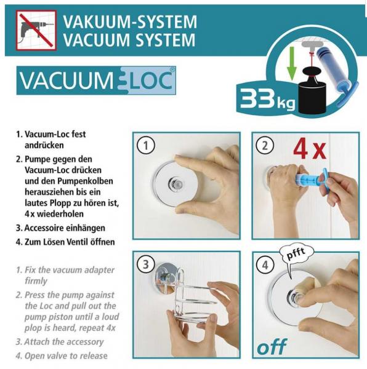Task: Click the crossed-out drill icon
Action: tap(36, 30)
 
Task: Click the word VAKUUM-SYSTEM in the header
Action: tap(130, 22)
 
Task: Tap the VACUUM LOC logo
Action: tap(96, 81)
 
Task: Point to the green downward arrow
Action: tap(292, 63)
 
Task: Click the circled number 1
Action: tap(146, 146)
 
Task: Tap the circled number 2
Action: tap(265, 146)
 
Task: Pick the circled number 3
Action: tap(146, 264)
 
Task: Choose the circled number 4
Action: tap(265, 265)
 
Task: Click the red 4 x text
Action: tap(310, 149)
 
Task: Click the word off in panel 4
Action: tap(272, 347)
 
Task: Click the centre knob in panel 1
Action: tap(175, 183)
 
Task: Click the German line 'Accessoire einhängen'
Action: tap(65, 228)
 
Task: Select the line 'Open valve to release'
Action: tap(66, 355)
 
